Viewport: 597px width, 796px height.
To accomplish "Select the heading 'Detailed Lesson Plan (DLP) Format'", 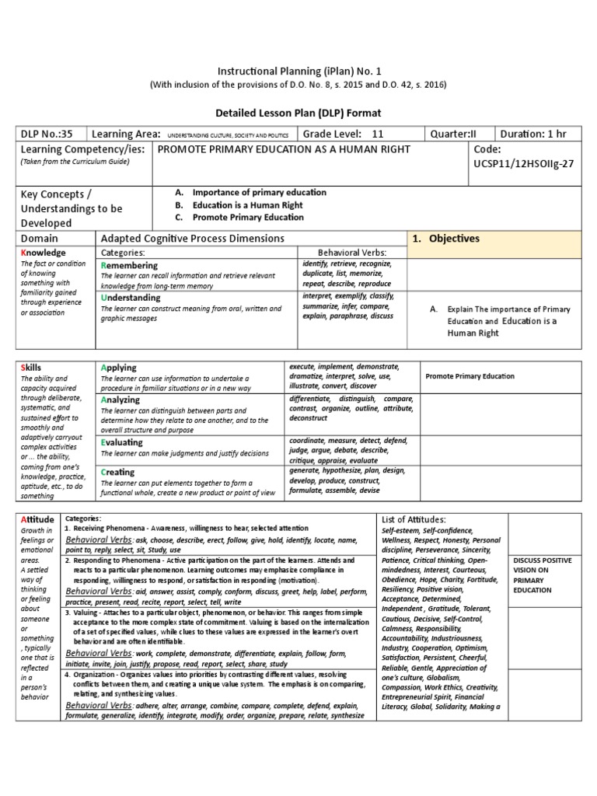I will (x=299, y=113).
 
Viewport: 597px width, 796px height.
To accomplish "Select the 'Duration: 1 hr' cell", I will (x=537, y=133).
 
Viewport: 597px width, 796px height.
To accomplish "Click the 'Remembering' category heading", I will (x=129, y=266).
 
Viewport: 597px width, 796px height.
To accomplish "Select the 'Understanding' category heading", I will (x=131, y=298).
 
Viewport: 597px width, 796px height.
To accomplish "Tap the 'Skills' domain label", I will (x=33, y=367).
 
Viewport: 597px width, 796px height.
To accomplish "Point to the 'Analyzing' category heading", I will (x=120, y=400).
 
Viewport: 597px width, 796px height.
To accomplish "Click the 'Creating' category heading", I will (x=117, y=472).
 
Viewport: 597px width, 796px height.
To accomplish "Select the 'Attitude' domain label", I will (x=38, y=519).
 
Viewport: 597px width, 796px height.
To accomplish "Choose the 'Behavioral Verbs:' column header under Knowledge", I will (x=352, y=253).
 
